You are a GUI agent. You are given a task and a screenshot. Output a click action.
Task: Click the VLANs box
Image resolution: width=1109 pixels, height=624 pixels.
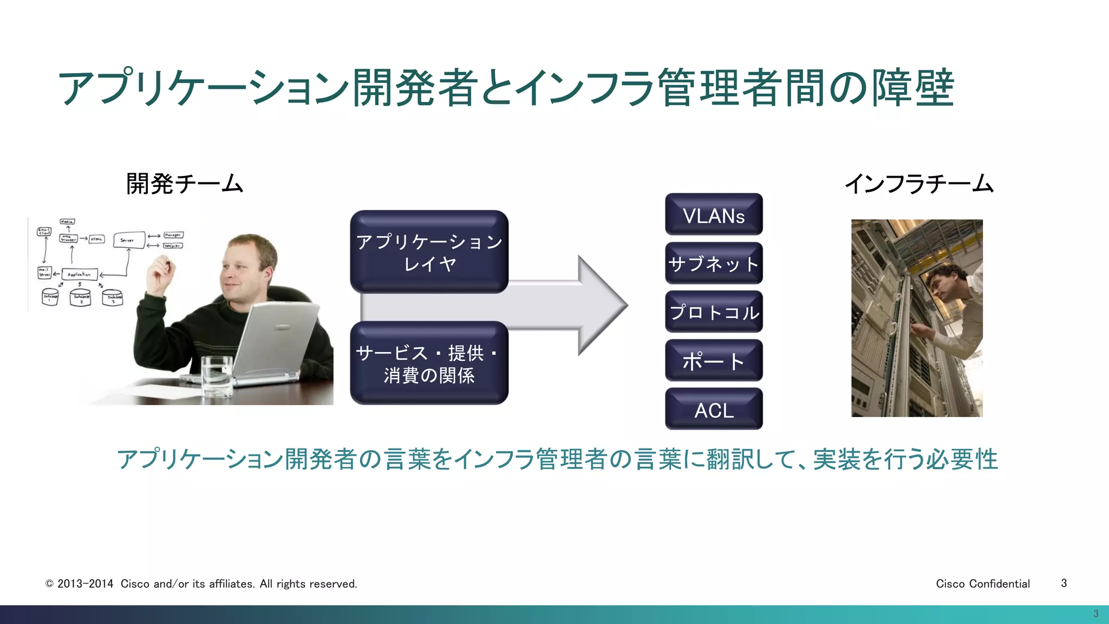[x=714, y=214]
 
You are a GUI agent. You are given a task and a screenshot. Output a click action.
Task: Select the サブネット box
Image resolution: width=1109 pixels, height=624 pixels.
[x=714, y=263]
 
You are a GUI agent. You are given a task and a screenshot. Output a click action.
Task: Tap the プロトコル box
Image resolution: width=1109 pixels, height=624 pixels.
[x=714, y=312]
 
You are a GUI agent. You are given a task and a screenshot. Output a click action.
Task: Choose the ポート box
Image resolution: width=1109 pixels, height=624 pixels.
[x=714, y=361]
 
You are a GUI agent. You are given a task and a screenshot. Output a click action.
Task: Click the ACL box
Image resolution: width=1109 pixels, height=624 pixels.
[x=714, y=409]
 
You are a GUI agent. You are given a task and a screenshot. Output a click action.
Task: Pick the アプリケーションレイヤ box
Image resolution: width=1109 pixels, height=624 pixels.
[x=429, y=252]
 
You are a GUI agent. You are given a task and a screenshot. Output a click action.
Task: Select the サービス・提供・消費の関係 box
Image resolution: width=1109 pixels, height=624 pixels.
[x=429, y=363]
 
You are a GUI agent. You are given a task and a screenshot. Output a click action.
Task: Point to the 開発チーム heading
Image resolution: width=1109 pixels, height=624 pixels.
[x=185, y=184]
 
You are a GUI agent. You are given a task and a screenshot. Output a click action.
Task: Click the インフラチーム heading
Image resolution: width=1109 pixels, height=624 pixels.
[x=919, y=184]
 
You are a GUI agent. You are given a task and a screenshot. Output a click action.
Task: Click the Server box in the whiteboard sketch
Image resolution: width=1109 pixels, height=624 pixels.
[x=128, y=240]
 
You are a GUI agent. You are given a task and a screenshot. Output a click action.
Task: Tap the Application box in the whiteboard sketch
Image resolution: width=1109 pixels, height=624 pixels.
[x=80, y=275]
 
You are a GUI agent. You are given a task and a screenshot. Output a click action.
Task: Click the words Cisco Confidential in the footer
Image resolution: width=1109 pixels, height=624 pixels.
[x=982, y=583]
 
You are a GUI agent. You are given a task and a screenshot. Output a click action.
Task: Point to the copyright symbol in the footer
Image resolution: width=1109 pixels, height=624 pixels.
[x=49, y=584]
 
